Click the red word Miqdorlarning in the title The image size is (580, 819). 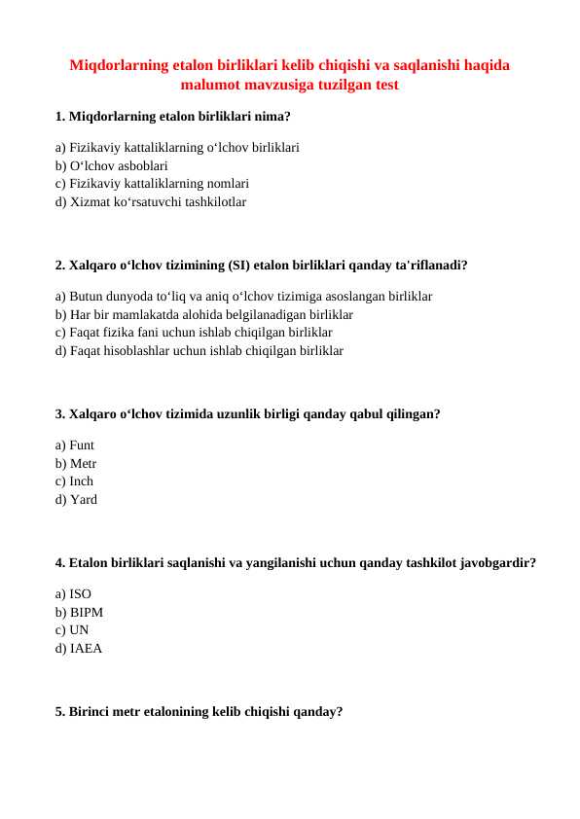point(119,66)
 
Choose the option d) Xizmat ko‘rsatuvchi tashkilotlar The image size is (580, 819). point(151,202)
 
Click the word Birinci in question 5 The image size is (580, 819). point(93,711)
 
